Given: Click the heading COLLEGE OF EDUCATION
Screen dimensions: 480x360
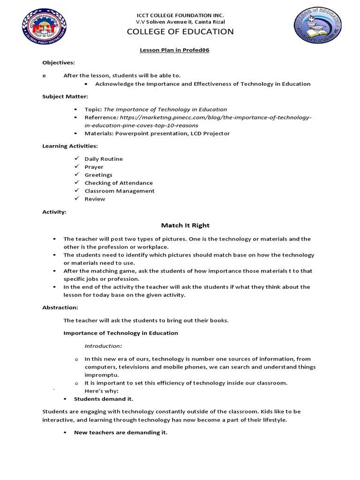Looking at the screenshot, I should click(x=180, y=32).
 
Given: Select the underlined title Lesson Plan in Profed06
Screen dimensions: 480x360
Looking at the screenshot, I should click(x=174, y=50).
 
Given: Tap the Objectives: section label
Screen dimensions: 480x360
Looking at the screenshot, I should click(x=59, y=62).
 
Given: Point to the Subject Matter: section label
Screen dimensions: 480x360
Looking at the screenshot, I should click(x=65, y=96).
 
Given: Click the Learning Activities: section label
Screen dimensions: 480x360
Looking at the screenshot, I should click(x=70, y=146).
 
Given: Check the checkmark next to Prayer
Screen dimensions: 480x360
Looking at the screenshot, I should click(x=76, y=167).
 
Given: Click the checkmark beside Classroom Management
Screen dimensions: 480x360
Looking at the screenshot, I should click(x=76, y=191).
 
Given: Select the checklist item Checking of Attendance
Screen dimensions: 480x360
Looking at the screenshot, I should click(x=119, y=183).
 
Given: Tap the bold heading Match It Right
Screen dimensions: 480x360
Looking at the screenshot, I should click(x=179, y=225).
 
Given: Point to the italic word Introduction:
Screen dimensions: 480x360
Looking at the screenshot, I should click(x=103, y=346).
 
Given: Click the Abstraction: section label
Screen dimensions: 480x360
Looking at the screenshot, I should click(x=60, y=307).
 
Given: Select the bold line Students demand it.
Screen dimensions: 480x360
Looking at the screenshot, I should click(x=104, y=399).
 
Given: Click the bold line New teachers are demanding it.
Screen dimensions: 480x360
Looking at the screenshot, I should click(x=120, y=433).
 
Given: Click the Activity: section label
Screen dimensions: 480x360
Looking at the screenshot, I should click(x=54, y=212).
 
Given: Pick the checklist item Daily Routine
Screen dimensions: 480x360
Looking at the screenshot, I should click(x=104, y=159).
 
